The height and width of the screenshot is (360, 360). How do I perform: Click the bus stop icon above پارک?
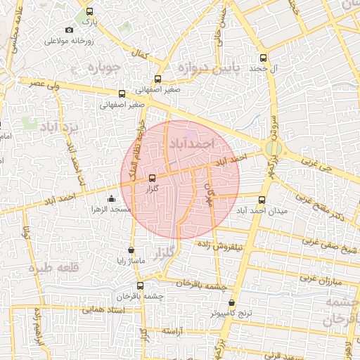89,12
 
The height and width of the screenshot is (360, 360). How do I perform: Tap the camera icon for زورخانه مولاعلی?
69,30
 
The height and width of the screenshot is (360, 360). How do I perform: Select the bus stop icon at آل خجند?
264,58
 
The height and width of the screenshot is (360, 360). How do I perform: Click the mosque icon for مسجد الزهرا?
110,199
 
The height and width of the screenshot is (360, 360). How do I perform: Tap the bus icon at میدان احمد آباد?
262,200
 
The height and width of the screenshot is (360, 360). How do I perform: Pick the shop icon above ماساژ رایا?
131,250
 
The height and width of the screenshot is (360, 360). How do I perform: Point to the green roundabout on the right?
275,148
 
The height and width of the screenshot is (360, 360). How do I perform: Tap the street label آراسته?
172,330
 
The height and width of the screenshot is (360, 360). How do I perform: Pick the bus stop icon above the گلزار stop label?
153,179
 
